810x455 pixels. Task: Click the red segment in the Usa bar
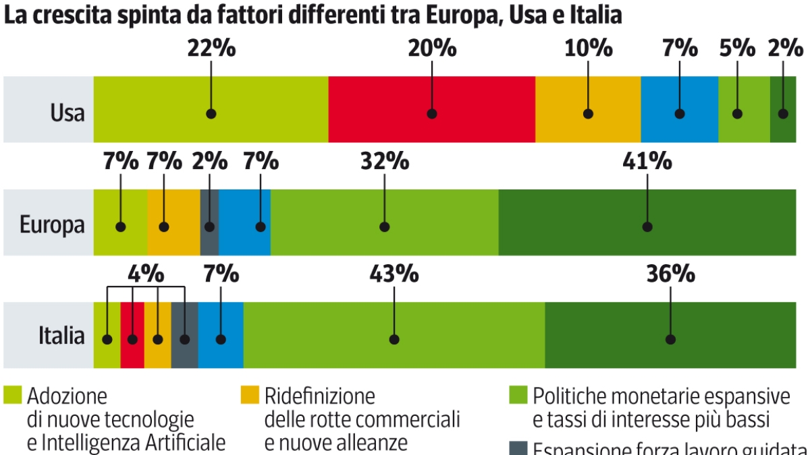point(432,94)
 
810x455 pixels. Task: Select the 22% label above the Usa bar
point(211,49)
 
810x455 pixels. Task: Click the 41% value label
point(648,162)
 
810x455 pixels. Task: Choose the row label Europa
point(53,224)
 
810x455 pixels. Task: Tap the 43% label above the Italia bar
point(394,274)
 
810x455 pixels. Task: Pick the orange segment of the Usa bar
point(588,94)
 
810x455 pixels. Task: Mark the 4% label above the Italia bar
point(146,274)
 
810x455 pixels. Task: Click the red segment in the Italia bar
point(132,324)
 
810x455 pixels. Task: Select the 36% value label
point(670,274)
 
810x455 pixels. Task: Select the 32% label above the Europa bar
point(384,162)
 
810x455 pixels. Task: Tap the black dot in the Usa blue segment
point(679,114)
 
